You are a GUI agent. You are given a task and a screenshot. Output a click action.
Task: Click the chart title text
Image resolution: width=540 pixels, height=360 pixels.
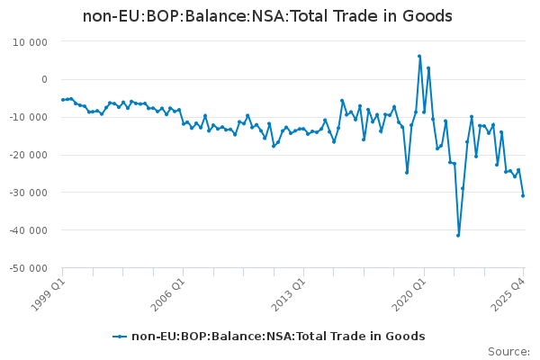coord(267,16)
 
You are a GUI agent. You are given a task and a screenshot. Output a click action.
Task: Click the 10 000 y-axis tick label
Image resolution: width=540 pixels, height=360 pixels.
coord(30,41)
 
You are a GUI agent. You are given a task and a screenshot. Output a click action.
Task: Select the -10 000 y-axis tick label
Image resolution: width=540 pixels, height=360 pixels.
coord(27,117)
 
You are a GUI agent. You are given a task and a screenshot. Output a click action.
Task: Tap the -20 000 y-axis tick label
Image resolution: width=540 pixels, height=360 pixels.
coord(27,155)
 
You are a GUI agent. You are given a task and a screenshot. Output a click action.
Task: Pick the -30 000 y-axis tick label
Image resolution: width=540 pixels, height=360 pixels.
coord(27,193)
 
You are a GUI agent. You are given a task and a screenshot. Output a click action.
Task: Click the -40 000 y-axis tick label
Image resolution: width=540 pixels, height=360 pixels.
coord(27,230)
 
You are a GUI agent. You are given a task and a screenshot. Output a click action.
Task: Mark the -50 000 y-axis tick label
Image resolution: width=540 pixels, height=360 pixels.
coord(27,268)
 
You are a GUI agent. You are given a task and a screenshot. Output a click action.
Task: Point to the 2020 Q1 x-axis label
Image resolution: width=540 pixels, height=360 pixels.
coord(409,290)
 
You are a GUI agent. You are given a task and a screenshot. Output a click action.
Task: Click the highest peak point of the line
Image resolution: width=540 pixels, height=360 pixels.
coord(419,56)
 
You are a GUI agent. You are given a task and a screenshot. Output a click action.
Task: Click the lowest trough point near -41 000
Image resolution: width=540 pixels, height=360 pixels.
coord(458,235)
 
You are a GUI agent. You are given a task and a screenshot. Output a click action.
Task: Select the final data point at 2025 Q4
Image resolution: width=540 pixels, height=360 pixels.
coord(523,195)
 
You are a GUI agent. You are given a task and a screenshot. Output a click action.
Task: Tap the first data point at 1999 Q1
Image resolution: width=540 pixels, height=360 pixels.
coord(62,100)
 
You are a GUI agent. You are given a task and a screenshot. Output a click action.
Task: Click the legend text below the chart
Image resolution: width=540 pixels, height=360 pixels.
coord(278,337)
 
